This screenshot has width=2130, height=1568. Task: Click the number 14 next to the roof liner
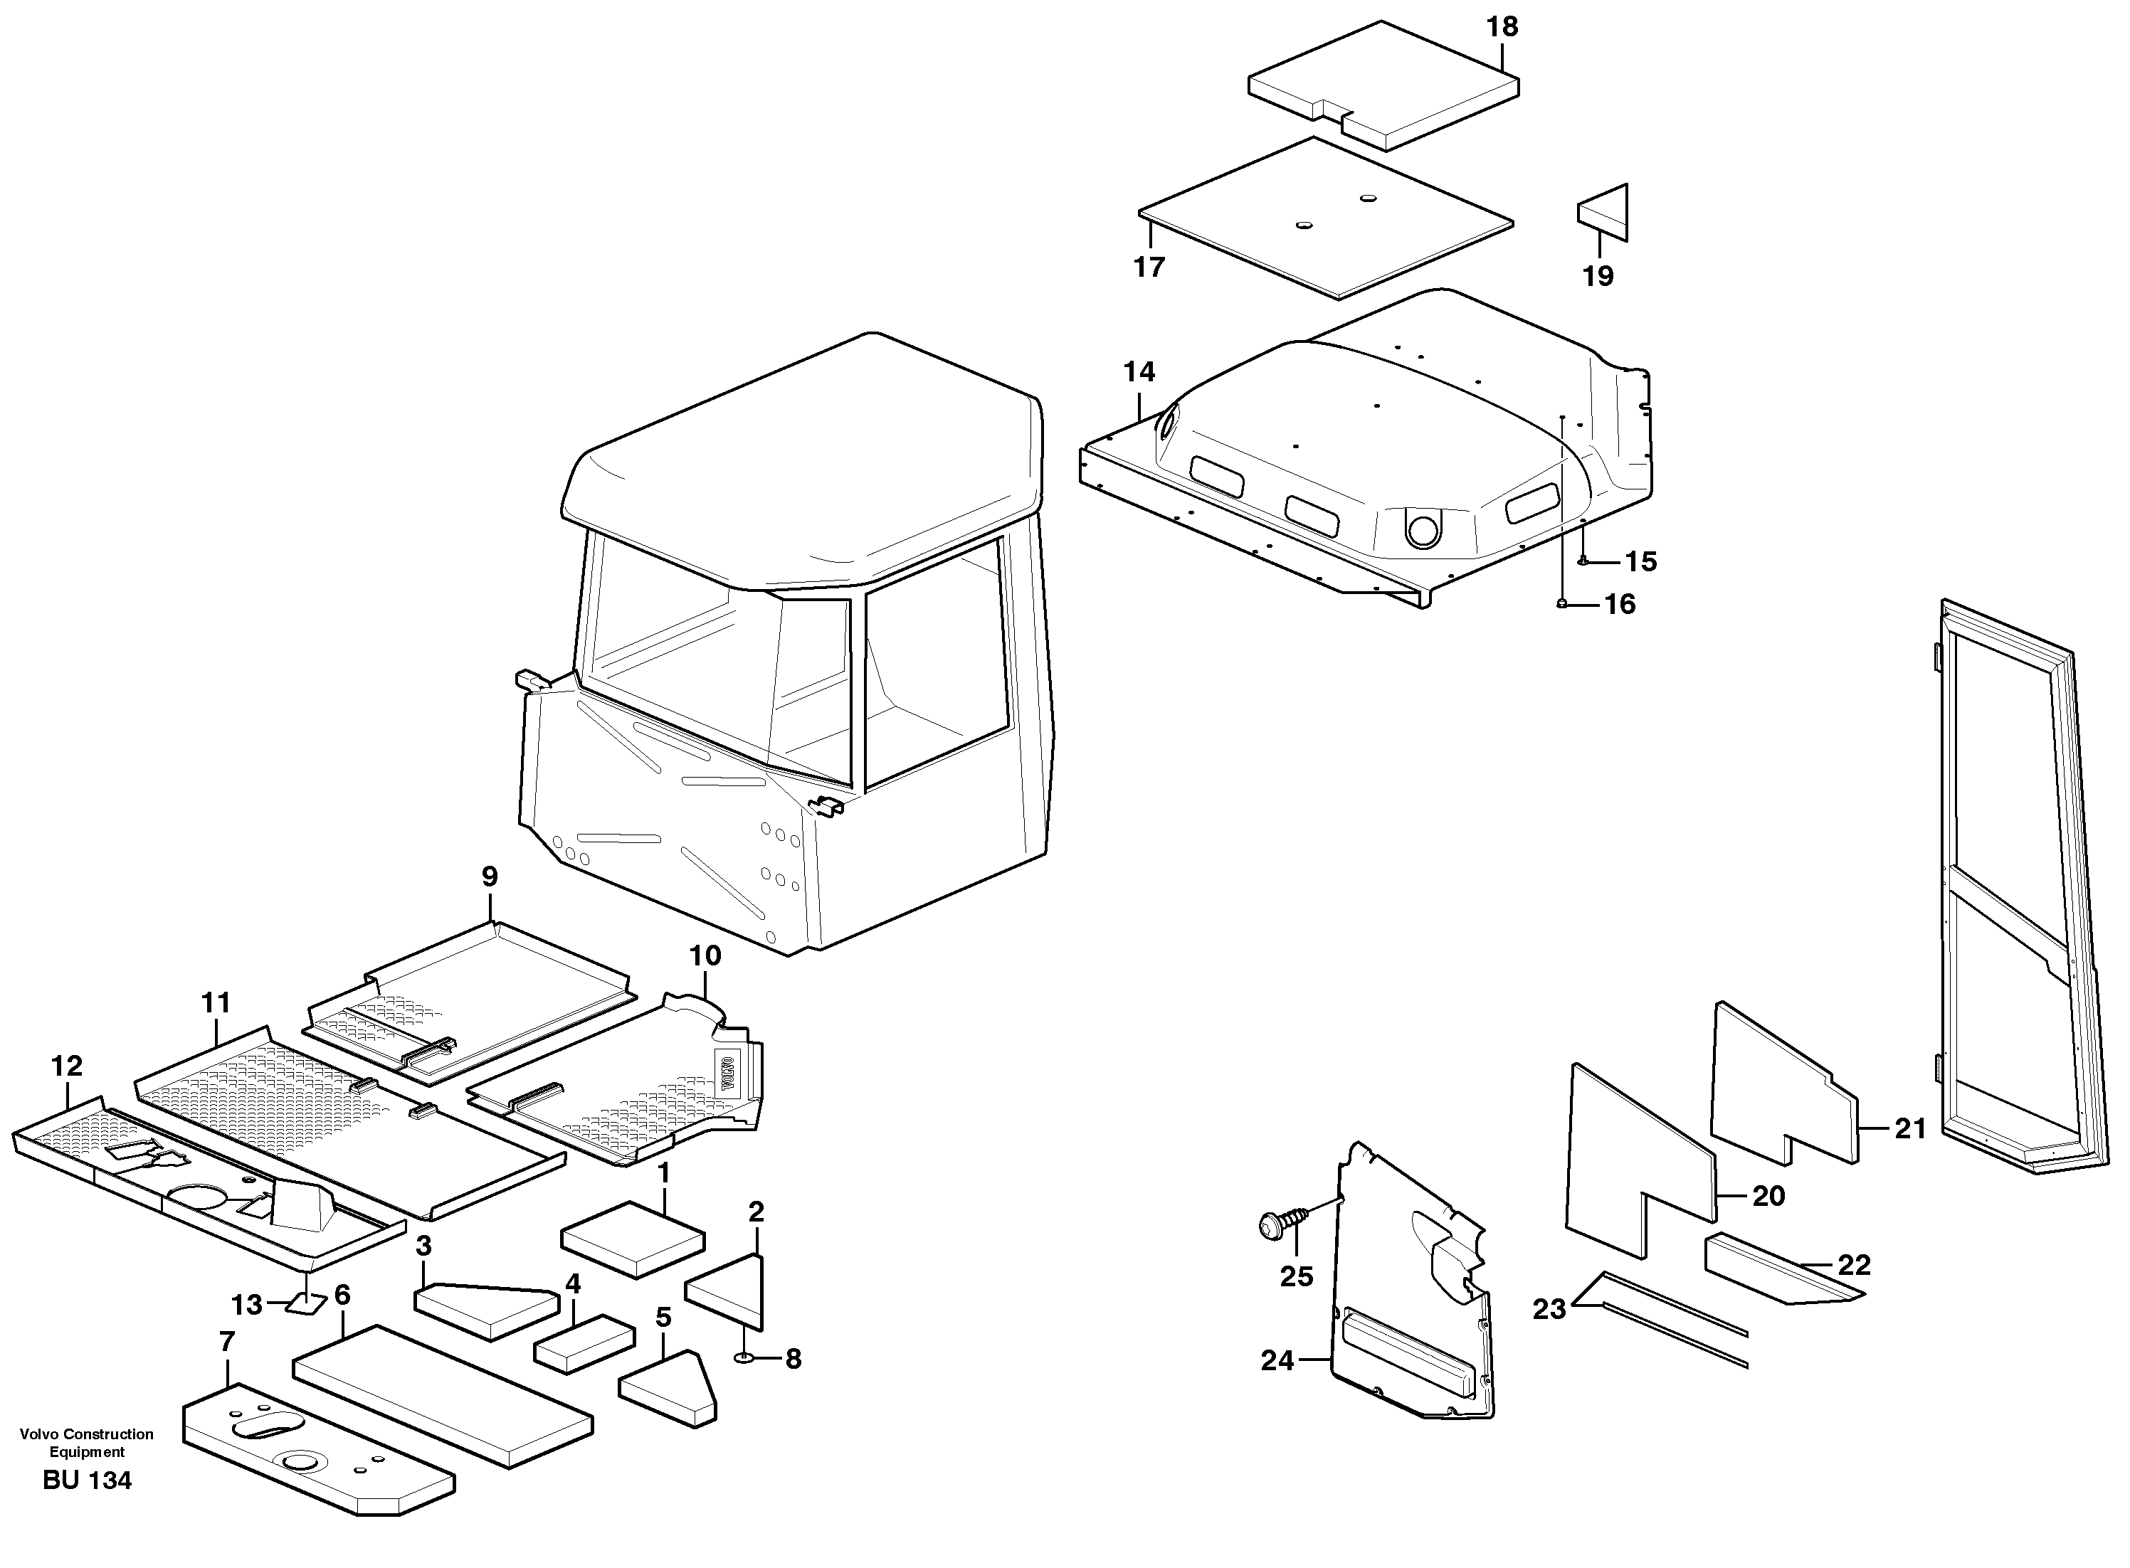coord(1139,372)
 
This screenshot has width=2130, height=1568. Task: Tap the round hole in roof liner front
coord(1422,529)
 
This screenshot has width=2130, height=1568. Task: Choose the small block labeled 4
coord(584,1344)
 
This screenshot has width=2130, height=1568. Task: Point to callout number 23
coord(1549,1310)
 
